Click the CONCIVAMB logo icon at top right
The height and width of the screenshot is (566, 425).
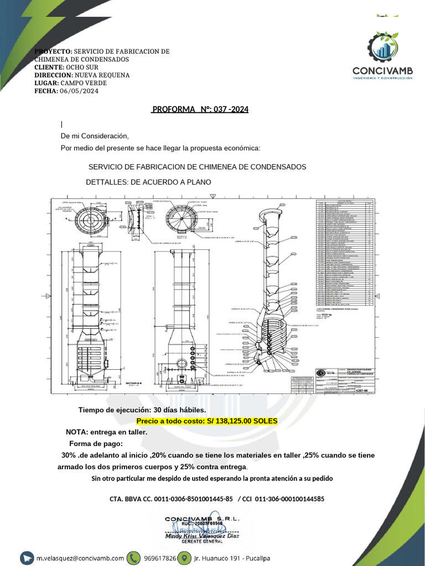(x=382, y=48)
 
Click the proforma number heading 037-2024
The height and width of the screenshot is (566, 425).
(x=200, y=109)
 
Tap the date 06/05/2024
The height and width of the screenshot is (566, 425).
(x=79, y=91)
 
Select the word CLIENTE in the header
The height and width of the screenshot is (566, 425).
(x=48, y=67)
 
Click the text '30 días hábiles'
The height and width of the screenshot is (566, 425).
(x=179, y=410)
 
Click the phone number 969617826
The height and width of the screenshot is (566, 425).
(x=160, y=558)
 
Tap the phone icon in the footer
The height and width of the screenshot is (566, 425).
(x=135, y=558)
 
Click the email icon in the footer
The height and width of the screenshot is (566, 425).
(x=28, y=558)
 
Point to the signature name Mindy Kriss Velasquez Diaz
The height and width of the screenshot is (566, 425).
(x=202, y=536)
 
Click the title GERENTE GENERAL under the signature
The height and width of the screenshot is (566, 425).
(x=203, y=543)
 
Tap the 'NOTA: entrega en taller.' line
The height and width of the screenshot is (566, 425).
(x=106, y=432)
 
